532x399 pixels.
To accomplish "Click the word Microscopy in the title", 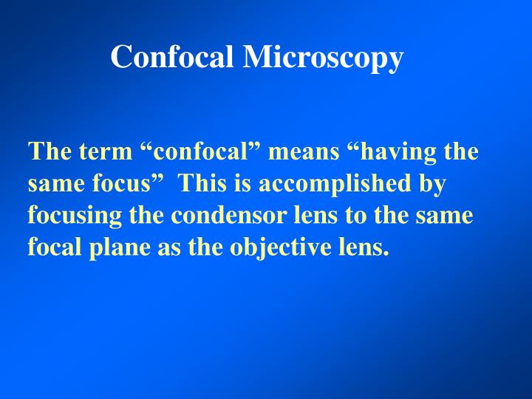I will point(323,58).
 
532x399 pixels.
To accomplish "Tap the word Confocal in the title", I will point(174,56).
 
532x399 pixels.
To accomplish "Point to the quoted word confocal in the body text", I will point(199,152).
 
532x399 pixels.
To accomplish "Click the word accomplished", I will point(326,184).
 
